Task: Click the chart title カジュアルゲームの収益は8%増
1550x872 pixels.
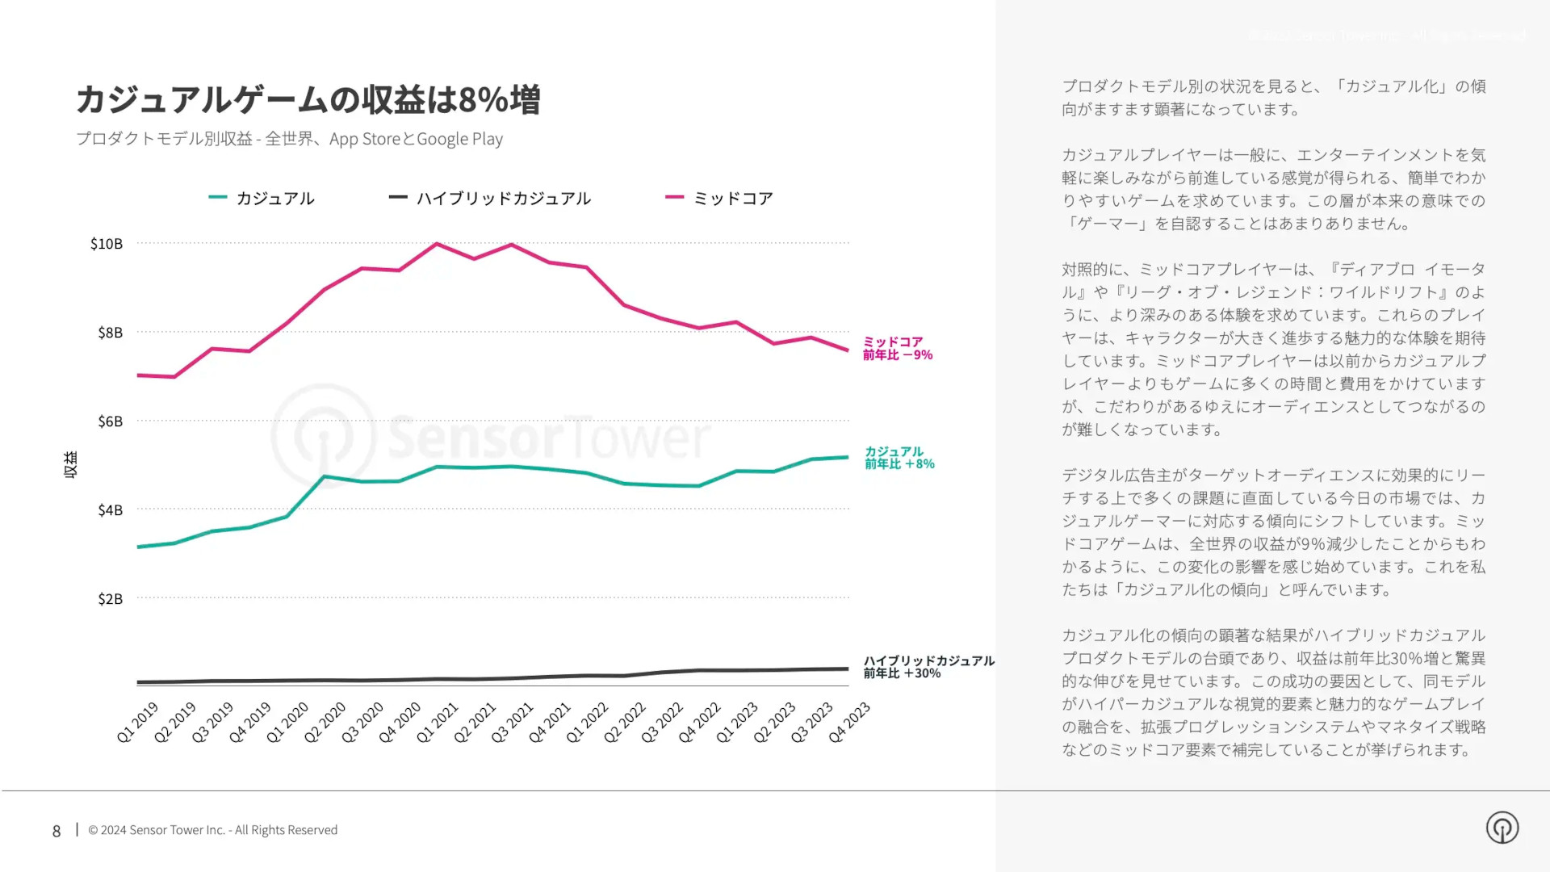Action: click(308, 99)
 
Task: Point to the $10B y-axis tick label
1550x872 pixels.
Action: click(107, 244)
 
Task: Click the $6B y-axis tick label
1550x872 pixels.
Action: click(110, 421)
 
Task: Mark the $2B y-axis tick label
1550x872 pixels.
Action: click(110, 599)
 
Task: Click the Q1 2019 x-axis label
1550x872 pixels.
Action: click(138, 722)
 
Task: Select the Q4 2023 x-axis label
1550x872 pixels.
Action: click(850, 722)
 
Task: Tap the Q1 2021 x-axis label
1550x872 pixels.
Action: click(438, 722)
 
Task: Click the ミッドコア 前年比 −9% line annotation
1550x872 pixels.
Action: click(897, 349)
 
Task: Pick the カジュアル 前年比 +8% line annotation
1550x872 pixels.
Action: click(899, 458)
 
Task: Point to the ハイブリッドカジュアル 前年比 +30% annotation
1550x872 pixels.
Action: click(928, 667)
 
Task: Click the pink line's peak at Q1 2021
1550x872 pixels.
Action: click(437, 243)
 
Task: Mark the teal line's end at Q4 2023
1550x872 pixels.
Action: click(848, 458)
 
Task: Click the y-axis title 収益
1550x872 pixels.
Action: click(71, 464)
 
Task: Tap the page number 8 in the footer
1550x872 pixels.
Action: click(57, 831)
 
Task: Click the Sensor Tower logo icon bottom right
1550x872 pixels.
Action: click(1502, 828)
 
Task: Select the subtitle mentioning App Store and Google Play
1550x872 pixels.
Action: click(289, 139)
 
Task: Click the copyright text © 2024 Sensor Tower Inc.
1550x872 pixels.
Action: click(212, 830)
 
